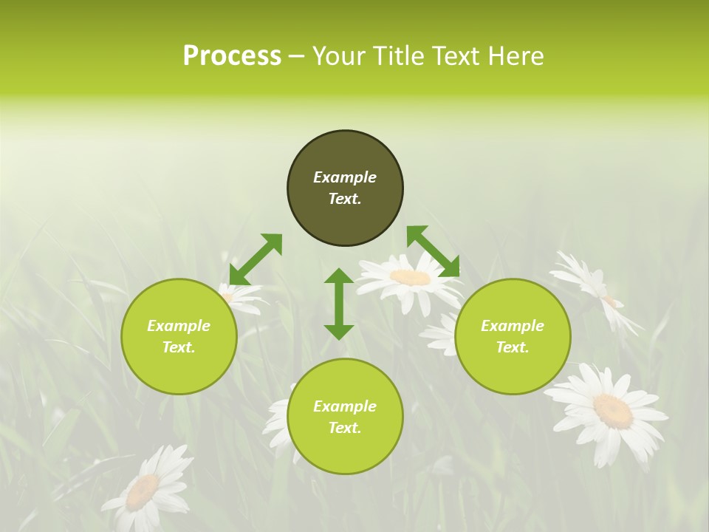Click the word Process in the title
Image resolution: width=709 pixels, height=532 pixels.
232,56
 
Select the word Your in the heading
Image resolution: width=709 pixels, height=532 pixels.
338,56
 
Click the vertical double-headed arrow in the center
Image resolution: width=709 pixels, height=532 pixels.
339,304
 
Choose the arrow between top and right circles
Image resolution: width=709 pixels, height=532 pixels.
433,252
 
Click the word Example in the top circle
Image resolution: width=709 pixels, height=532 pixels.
345,177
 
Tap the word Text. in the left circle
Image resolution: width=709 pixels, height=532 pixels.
179,347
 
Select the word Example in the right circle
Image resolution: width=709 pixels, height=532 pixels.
513,326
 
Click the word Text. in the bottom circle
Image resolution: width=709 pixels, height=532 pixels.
345,428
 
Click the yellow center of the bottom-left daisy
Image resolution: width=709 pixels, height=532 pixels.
142,491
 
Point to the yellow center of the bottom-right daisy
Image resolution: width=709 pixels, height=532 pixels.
613,410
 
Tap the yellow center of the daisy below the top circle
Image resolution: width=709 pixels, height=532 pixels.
411,278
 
